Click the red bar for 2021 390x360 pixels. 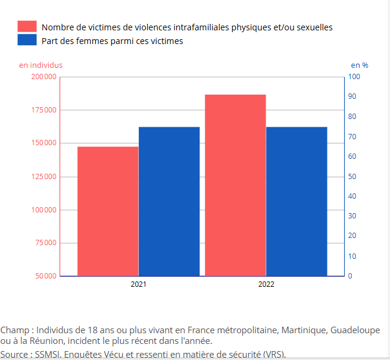(x=108, y=211)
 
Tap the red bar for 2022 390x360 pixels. (x=235, y=185)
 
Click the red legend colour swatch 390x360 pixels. (x=27, y=27)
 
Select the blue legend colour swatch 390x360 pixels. (x=27, y=40)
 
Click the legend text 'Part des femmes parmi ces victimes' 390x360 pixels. (x=113, y=41)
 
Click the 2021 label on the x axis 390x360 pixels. (x=138, y=284)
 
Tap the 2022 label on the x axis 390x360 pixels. (x=266, y=284)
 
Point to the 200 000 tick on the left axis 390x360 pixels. (x=43, y=77)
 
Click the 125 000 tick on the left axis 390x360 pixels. (x=43, y=177)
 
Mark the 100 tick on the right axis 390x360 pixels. (x=354, y=77)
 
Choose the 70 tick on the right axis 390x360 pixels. (x=352, y=137)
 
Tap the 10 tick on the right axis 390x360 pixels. (x=352, y=256)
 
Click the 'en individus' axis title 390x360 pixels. (x=40, y=65)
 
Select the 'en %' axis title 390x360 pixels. (x=359, y=65)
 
